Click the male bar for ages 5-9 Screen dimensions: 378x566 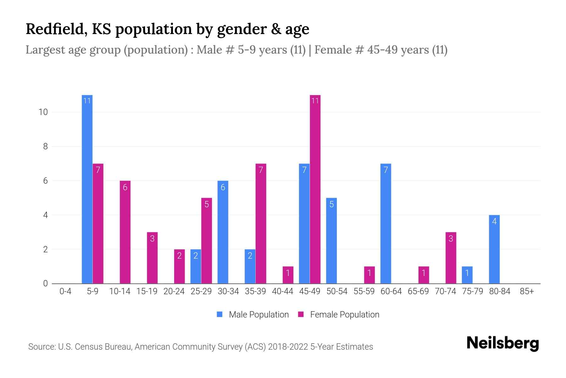(87, 189)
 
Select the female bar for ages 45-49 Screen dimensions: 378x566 (315, 189)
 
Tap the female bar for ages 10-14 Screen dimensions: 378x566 (125, 232)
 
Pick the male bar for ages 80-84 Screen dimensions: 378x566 (494, 249)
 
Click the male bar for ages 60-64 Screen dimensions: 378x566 (386, 224)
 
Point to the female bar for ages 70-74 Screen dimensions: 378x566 (451, 258)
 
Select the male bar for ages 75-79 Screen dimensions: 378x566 (467, 275)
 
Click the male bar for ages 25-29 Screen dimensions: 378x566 (196, 266)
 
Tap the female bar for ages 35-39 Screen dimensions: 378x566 (261, 224)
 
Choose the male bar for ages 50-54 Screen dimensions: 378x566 (331, 241)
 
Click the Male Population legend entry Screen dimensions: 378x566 (253, 314)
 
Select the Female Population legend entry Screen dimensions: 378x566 (339, 314)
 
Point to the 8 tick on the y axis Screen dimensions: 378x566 (46, 146)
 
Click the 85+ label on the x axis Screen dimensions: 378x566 (527, 291)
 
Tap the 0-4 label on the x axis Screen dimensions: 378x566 (65, 291)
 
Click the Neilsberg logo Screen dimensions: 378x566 (502, 343)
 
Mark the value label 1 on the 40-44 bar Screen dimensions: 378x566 (288, 273)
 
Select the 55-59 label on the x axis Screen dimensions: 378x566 (364, 291)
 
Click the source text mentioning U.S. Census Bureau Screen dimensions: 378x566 (201, 347)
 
